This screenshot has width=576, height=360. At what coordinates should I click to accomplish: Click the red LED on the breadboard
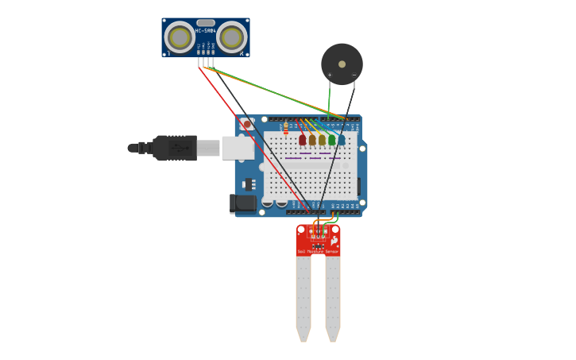[x=302, y=140]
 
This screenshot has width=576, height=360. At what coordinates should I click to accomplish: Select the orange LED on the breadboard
[x=312, y=140]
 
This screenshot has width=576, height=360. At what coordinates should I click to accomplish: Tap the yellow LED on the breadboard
[x=322, y=140]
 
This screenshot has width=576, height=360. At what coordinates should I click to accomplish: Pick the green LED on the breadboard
[x=331, y=140]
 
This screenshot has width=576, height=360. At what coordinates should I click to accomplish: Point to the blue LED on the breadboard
[x=342, y=140]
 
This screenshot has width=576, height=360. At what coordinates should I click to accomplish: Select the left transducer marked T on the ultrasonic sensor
[x=180, y=37]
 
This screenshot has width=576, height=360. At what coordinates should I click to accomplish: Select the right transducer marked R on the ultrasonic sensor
[x=231, y=37]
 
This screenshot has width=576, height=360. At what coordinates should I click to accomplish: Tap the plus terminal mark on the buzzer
[x=330, y=75]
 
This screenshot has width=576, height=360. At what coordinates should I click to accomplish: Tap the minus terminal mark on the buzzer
[x=354, y=75]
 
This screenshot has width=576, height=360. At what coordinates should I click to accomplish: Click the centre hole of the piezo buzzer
[x=342, y=64]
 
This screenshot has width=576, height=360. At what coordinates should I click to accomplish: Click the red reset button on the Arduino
[x=247, y=125]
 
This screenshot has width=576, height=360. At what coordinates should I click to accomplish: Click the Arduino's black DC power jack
[x=244, y=203]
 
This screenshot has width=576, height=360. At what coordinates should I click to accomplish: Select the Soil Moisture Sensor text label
[x=318, y=251]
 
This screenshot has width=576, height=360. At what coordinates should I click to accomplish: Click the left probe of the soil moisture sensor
[x=303, y=298]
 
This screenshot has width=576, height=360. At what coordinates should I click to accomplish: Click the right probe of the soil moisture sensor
[x=332, y=298]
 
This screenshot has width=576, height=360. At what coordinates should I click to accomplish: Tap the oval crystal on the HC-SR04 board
[x=206, y=23]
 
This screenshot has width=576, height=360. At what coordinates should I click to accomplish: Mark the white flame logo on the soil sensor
[x=334, y=240]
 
